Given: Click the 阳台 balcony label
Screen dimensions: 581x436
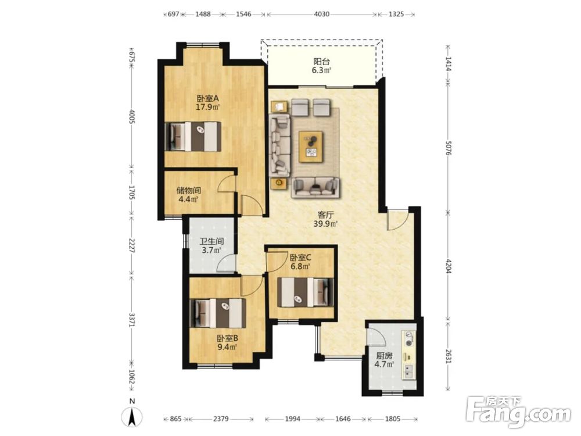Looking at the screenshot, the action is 321,62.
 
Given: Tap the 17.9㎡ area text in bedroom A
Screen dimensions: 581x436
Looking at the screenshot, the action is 208,108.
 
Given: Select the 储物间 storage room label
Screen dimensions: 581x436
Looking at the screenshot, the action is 189,191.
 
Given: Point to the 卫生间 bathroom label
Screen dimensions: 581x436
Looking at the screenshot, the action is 211,241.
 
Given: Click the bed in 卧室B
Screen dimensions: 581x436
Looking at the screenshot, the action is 217,313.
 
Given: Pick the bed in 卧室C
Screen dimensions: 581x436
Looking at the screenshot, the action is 306,292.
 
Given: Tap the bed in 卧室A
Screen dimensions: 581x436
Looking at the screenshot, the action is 193,137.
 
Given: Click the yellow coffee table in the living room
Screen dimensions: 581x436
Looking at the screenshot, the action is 311,146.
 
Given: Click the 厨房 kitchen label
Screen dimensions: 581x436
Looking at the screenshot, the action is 383,356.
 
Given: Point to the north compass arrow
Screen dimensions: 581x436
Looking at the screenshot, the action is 132,417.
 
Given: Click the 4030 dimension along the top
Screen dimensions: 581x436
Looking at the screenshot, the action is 322,14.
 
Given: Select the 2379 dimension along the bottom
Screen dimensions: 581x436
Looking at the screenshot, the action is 221,419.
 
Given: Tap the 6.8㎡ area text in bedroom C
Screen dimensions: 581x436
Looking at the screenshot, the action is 300,266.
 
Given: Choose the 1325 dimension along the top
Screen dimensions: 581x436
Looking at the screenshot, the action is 396,14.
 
